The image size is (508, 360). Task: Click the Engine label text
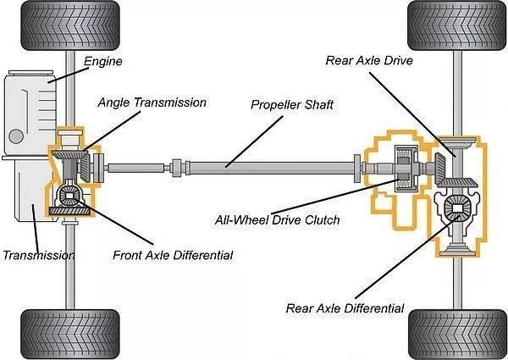[103, 61]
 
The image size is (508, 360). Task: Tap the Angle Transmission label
[152, 102]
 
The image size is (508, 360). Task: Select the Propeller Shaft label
[292, 105]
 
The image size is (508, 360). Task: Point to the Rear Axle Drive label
[369, 61]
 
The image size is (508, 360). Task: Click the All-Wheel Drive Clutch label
[278, 220]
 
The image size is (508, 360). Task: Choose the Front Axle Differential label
[173, 255]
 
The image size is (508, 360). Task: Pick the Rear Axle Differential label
[345, 308]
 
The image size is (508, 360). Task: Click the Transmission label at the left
[39, 255]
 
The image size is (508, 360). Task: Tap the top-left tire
[70, 25]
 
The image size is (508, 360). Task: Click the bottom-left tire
[70, 334]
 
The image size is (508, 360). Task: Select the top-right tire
[457, 25]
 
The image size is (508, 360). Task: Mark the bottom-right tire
[457, 334]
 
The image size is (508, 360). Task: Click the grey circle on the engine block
[15, 136]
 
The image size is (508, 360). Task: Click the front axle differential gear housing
[69, 196]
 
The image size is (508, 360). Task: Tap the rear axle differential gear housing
[457, 208]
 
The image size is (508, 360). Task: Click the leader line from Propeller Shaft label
[254, 141]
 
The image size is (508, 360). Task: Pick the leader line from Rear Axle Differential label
[407, 257]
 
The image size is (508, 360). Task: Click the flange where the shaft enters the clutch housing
[357, 169]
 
